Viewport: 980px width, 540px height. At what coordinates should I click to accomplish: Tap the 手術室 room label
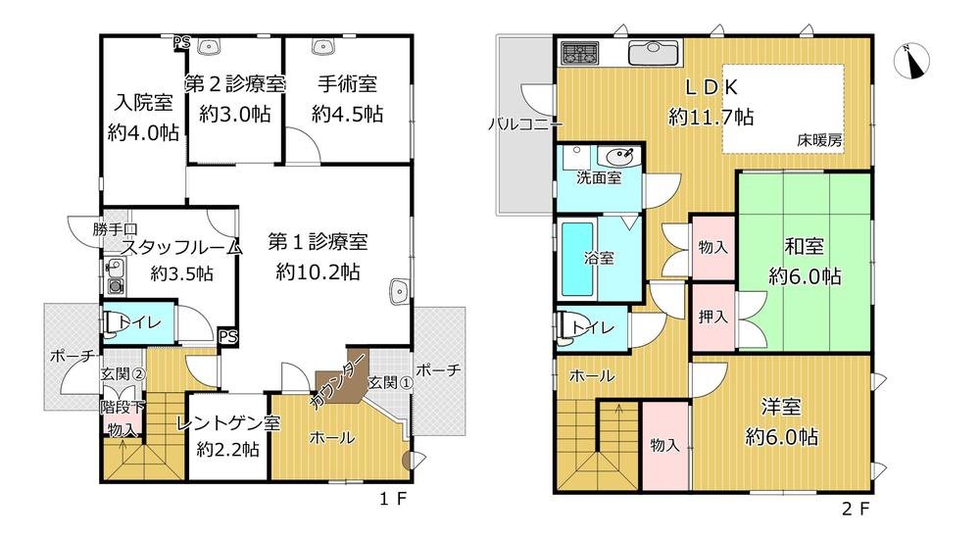347,84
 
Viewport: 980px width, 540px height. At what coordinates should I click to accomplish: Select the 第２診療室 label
234,84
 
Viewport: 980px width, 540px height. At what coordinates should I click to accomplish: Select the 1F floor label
393,499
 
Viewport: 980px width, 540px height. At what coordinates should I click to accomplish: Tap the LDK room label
710,87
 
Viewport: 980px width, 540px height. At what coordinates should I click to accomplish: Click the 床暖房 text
818,141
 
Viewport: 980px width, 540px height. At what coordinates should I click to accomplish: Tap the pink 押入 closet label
712,317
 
